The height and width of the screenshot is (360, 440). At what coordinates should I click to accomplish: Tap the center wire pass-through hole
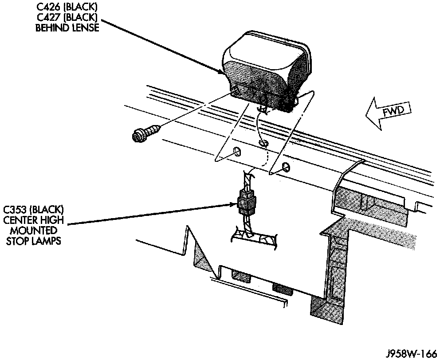tap(263, 143)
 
